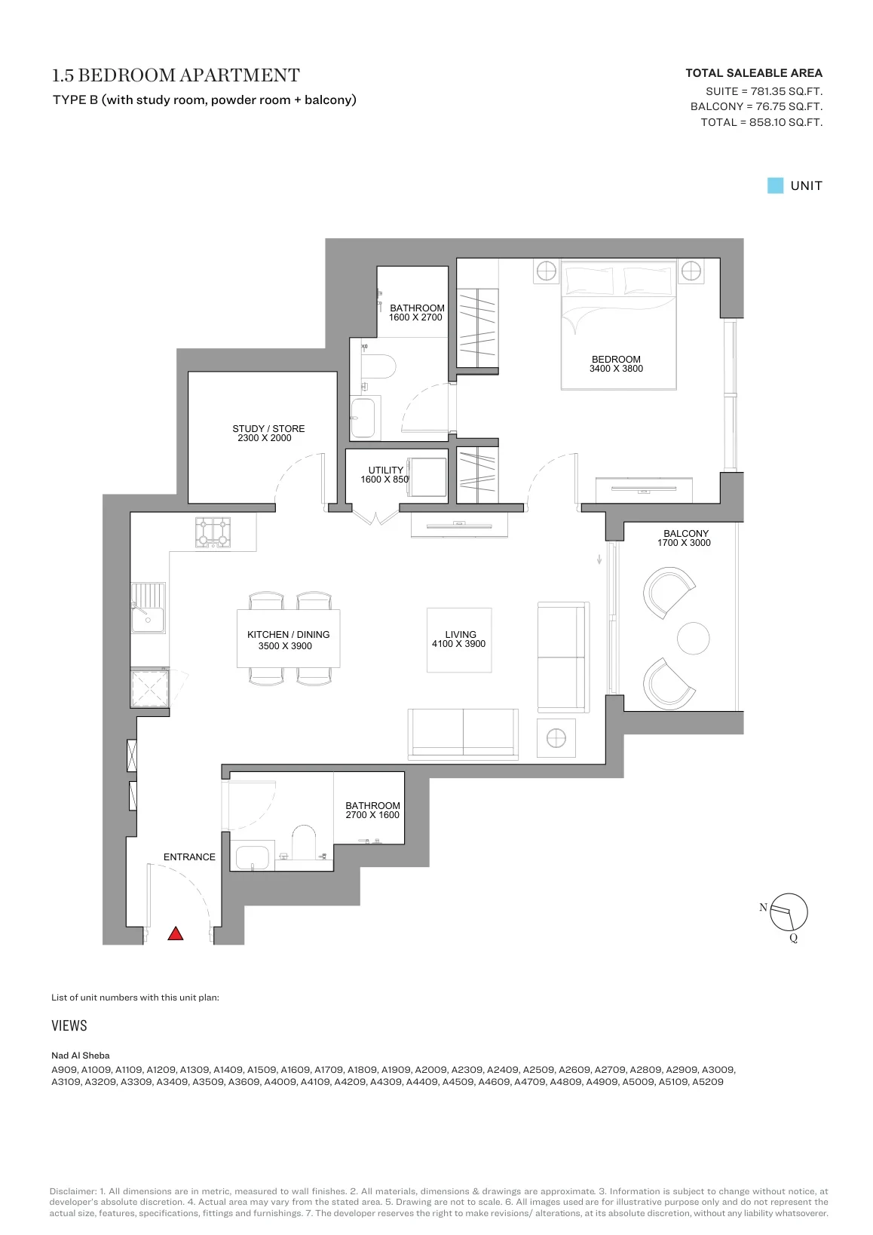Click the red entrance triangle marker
point(175,933)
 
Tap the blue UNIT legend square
point(775,185)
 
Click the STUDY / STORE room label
point(268,428)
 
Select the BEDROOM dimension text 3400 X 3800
point(616,368)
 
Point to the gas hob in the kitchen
point(213,532)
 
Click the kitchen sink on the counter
point(148,608)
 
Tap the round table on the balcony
point(693,638)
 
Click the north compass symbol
point(789,912)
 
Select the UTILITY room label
point(386,470)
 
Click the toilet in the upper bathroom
point(378,366)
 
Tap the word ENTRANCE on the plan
point(189,857)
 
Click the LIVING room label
point(460,634)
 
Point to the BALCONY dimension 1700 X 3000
point(684,543)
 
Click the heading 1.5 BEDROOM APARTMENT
point(176,75)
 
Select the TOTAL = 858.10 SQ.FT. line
point(761,122)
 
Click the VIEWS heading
point(69,1025)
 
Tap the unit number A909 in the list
point(64,1070)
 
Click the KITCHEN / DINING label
point(288,635)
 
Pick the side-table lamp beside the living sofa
point(556,737)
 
